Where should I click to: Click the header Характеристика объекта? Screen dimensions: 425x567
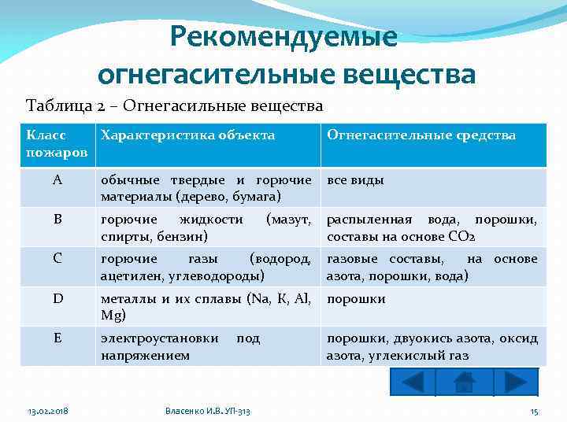pyautogui.click(x=188, y=135)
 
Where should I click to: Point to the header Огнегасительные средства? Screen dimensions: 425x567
pyautogui.click(x=421, y=135)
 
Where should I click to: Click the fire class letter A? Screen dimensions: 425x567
pyautogui.click(x=57, y=179)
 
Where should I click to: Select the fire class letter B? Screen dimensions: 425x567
pyautogui.click(x=57, y=220)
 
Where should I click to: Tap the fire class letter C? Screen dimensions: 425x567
pyautogui.click(x=57, y=259)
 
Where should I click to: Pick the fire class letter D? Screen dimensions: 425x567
pyautogui.click(x=57, y=299)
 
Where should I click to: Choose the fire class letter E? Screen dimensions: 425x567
pyautogui.click(x=57, y=338)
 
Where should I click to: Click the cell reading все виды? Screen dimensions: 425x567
pyautogui.click(x=355, y=180)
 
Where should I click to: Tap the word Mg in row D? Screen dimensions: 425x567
pyautogui.click(x=109, y=315)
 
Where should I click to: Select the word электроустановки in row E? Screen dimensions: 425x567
pyautogui.click(x=160, y=338)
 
